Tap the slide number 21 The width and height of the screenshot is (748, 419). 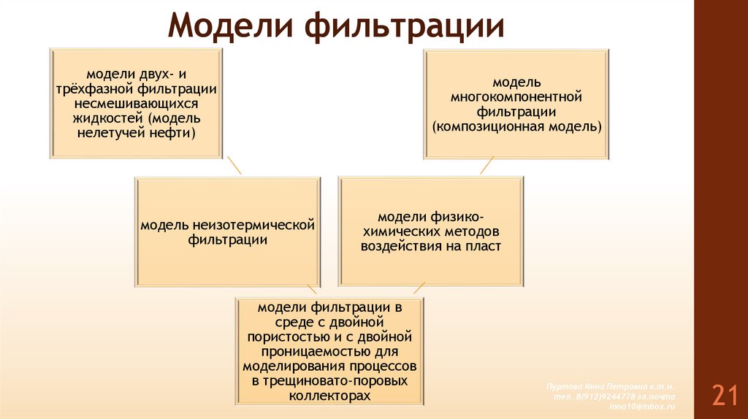(x=724, y=395)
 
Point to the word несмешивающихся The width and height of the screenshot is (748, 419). (x=137, y=104)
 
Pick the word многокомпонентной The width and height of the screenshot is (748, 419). (x=516, y=96)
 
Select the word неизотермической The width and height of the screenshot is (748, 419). (x=255, y=223)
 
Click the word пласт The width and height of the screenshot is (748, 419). (x=485, y=246)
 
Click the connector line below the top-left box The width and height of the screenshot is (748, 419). (x=234, y=164)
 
